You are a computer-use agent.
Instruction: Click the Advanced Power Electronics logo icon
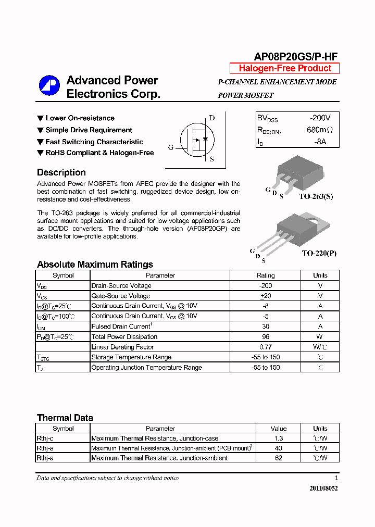pyautogui.click(x=49, y=86)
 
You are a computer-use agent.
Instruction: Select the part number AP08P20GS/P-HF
pyautogui.click(x=296, y=57)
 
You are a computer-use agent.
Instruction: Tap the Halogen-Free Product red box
pyautogui.click(x=285, y=68)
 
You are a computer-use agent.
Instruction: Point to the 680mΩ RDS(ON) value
pyautogui.click(x=319, y=130)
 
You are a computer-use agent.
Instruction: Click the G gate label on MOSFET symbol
pyautogui.click(x=171, y=147)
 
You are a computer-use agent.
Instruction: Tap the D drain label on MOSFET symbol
pyautogui.click(x=211, y=118)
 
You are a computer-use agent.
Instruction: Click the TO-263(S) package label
pyautogui.click(x=316, y=196)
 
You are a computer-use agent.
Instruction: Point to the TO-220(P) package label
pyautogui.click(x=319, y=253)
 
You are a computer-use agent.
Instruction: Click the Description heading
pyautogui.click(x=61, y=172)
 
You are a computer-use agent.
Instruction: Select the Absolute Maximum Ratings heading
pyautogui.click(x=95, y=265)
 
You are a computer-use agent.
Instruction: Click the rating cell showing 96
pyautogui.click(x=266, y=336)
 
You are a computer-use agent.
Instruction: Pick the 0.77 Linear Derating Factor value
pyautogui.click(x=266, y=347)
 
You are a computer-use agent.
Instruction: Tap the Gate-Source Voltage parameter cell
pyautogui.click(x=121, y=296)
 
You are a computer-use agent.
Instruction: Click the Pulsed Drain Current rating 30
pyautogui.click(x=266, y=327)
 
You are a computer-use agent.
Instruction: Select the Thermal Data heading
pyautogui.click(x=65, y=418)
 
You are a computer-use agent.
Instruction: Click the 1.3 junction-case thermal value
pyautogui.click(x=279, y=438)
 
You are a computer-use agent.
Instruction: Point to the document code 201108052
pyautogui.click(x=323, y=488)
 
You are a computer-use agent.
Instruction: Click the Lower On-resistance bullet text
pyautogui.click(x=80, y=118)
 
